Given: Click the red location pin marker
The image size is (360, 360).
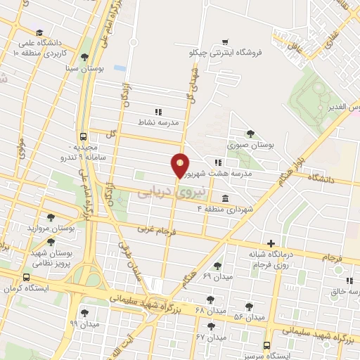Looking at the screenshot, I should click(181, 165).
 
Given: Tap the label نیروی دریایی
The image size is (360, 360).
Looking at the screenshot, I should click(165, 191).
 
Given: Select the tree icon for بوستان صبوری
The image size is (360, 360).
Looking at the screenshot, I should click(250, 134).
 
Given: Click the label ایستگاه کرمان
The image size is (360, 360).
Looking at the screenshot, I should click(25, 288).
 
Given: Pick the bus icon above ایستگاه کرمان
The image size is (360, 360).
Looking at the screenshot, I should click(26, 277).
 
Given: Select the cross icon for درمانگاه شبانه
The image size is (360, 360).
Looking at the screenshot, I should click(271, 243).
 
